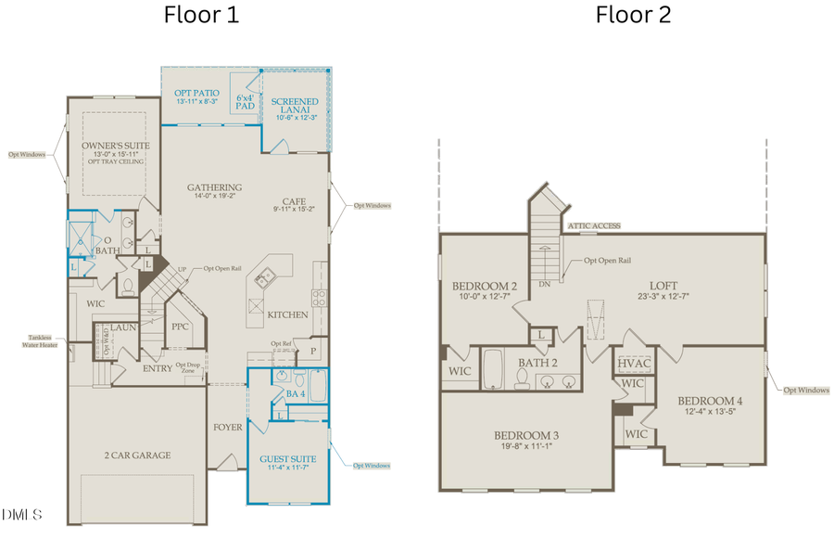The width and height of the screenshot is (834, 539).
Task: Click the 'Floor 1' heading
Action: [x=201, y=15]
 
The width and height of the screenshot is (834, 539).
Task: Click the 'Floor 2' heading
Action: [x=633, y=15]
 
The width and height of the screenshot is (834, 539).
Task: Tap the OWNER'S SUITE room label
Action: [x=116, y=147]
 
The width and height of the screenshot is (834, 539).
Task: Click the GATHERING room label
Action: [x=214, y=187]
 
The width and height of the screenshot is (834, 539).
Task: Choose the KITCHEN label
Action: [x=287, y=315]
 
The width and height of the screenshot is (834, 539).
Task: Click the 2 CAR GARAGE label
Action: [x=137, y=456]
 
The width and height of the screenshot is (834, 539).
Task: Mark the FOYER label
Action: [x=227, y=428]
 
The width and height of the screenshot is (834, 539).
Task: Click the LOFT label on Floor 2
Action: [x=663, y=287]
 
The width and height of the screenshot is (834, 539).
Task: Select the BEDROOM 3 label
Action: [x=525, y=435]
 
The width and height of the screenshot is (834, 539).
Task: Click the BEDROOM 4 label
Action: [x=714, y=400]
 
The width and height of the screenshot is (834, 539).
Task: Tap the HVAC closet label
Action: [x=635, y=363]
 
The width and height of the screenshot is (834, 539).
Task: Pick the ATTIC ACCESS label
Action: [x=594, y=225]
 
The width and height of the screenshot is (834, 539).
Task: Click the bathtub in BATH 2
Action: [x=495, y=368]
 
